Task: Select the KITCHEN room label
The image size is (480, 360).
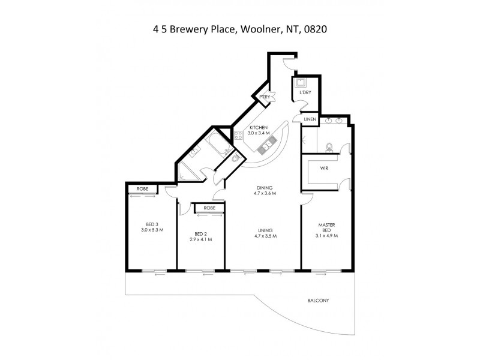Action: [258, 128]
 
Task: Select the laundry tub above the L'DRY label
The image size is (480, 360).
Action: [300, 83]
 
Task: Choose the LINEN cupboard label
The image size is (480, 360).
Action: [309, 119]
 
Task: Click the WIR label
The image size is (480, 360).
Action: [324, 168]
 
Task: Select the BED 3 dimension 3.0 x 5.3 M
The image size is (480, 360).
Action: [152, 230]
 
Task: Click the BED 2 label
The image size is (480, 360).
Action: [201, 233]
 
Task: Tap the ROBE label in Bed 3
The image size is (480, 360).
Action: [142, 189]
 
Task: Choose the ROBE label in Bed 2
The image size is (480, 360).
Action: [209, 208]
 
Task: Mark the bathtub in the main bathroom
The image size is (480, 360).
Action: [215, 146]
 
